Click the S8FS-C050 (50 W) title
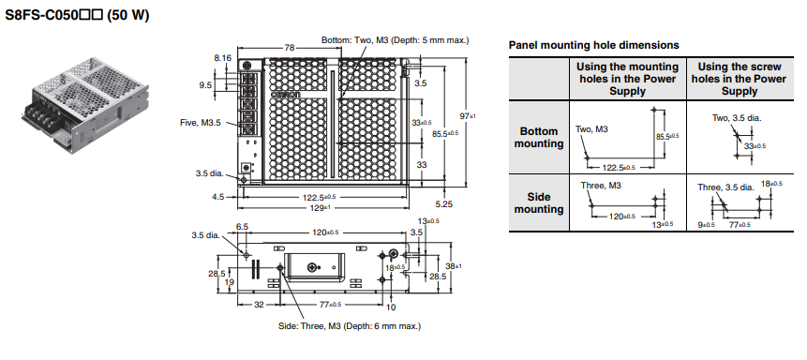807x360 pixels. (x=77, y=15)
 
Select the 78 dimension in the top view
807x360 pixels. (x=290, y=48)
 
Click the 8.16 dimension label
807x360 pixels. (x=223, y=58)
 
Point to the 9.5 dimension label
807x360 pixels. (x=205, y=85)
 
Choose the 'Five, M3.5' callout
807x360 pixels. (x=201, y=123)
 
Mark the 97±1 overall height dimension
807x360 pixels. (x=468, y=116)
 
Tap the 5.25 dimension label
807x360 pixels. (x=443, y=204)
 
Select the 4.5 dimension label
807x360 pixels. (x=218, y=197)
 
